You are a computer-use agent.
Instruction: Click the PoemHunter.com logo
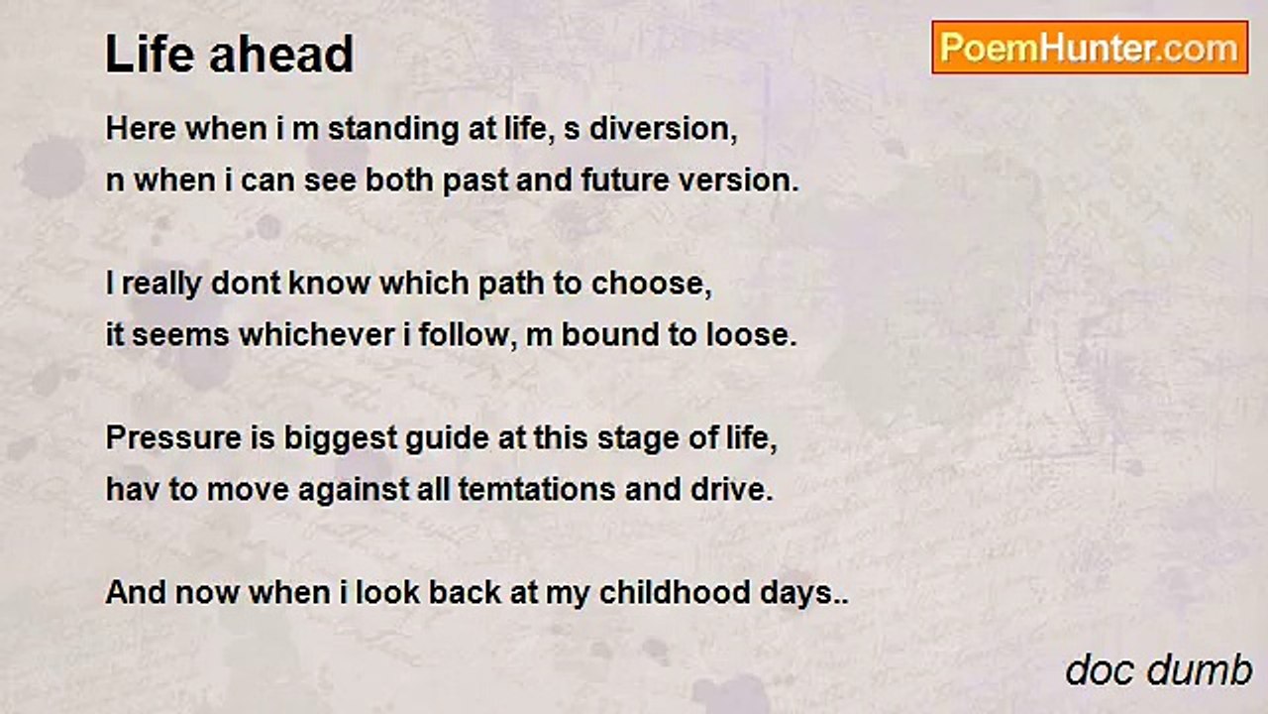coord(1090,48)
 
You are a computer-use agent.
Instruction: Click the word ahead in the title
coord(281,54)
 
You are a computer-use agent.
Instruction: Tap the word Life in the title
coord(150,54)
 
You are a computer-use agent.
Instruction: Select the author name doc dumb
coord(1158,669)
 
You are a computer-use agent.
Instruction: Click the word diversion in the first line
coord(664,129)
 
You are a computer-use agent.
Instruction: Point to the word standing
coord(393,129)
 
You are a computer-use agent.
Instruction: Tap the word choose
coord(651,284)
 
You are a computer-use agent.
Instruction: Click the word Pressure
coord(173,438)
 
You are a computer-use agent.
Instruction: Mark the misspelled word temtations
coord(536,490)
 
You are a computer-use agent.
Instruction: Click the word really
coord(161,285)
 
